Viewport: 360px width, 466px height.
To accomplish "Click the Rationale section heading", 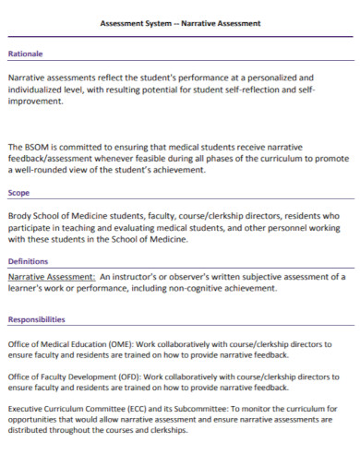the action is [25, 54].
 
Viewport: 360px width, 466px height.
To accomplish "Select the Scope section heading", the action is [19, 194].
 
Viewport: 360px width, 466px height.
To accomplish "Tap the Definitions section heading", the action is [28, 261].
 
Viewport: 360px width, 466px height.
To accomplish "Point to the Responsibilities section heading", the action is [36, 319].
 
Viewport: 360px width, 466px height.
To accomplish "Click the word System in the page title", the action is [161, 22].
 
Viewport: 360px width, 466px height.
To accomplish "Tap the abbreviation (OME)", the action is [111, 345].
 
